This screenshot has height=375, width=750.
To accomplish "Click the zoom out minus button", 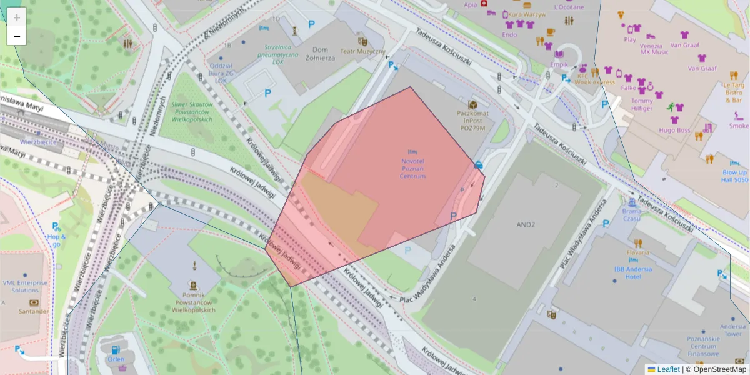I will [17, 36].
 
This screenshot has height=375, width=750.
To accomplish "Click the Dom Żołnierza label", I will [324, 54].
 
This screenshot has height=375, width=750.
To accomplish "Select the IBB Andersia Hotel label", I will [632, 272].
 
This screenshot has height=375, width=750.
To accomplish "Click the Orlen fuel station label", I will [116, 359].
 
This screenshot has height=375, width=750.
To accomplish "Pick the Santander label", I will [34, 311].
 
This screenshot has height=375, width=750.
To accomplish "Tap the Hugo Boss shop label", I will [674, 130].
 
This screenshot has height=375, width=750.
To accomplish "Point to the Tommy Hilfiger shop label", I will [641, 104].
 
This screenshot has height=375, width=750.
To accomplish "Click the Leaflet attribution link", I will [667, 369].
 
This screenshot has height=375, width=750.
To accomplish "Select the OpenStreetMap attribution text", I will [716, 369].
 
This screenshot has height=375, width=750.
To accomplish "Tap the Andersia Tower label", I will [732, 330].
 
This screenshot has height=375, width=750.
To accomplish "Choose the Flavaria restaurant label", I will [637, 252].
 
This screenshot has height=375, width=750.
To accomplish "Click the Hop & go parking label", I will [56, 240].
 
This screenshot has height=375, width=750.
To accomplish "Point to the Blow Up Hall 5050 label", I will [735, 176].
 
